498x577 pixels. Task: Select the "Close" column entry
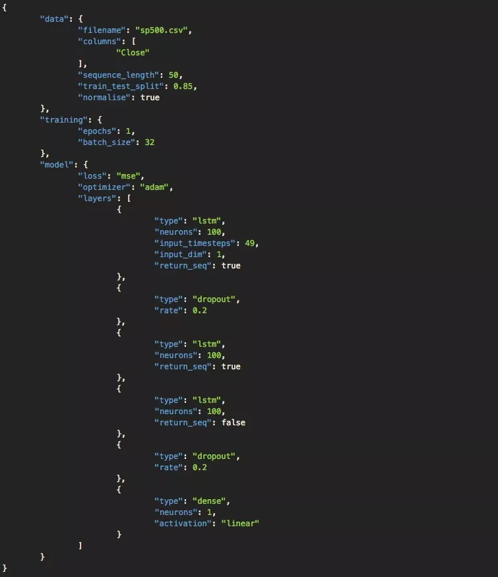133,52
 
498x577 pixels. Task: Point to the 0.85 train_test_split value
184,86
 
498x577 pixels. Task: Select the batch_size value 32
150,142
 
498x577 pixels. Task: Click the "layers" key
98,198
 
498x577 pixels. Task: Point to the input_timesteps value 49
251,243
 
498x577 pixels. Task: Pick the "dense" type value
210,501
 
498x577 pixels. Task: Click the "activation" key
183,523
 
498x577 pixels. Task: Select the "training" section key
63,119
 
